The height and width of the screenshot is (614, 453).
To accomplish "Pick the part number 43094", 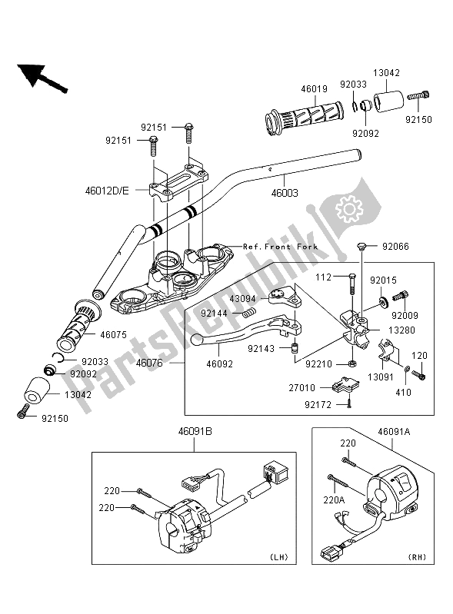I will click(244, 298).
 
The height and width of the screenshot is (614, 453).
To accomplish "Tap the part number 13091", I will click(380, 377).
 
